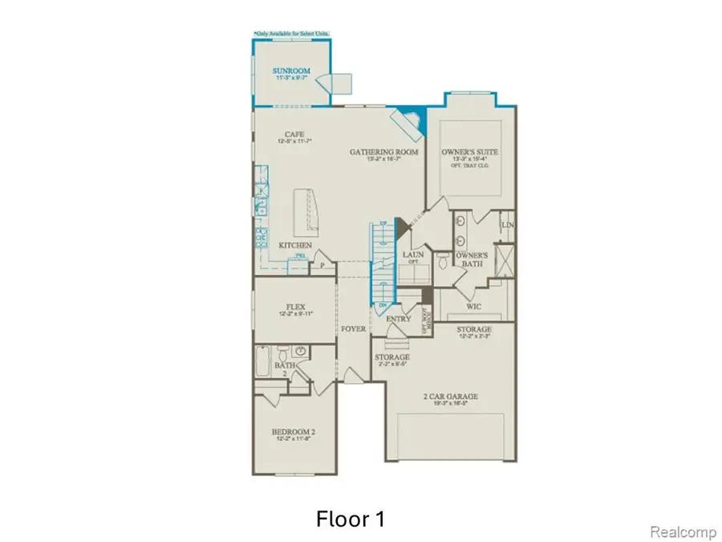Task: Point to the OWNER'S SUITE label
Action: click(x=470, y=152)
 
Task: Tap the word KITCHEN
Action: click(x=295, y=244)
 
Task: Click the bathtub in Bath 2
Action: click(x=262, y=361)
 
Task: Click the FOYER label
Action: click(x=354, y=329)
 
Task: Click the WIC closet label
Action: click(x=474, y=306)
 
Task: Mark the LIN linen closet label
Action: click(x=506, y=226)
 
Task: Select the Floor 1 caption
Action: click(x=349, y=519)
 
